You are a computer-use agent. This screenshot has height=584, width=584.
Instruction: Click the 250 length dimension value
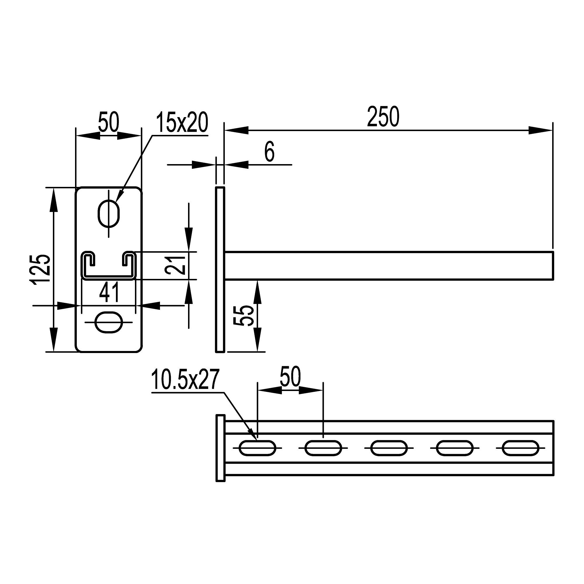pyautogui.click(x=383, y=117)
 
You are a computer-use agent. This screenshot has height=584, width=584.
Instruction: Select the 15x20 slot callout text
pyautogui.click(x=182, y=122)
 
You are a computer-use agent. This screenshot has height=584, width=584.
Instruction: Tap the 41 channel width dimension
pyautogui.click(x=109, y=292)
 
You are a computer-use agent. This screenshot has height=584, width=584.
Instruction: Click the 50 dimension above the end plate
pyautogui.click(x=109, y=122)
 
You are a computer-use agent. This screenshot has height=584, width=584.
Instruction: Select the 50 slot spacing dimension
pyautogui.click(x=290, y=376)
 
